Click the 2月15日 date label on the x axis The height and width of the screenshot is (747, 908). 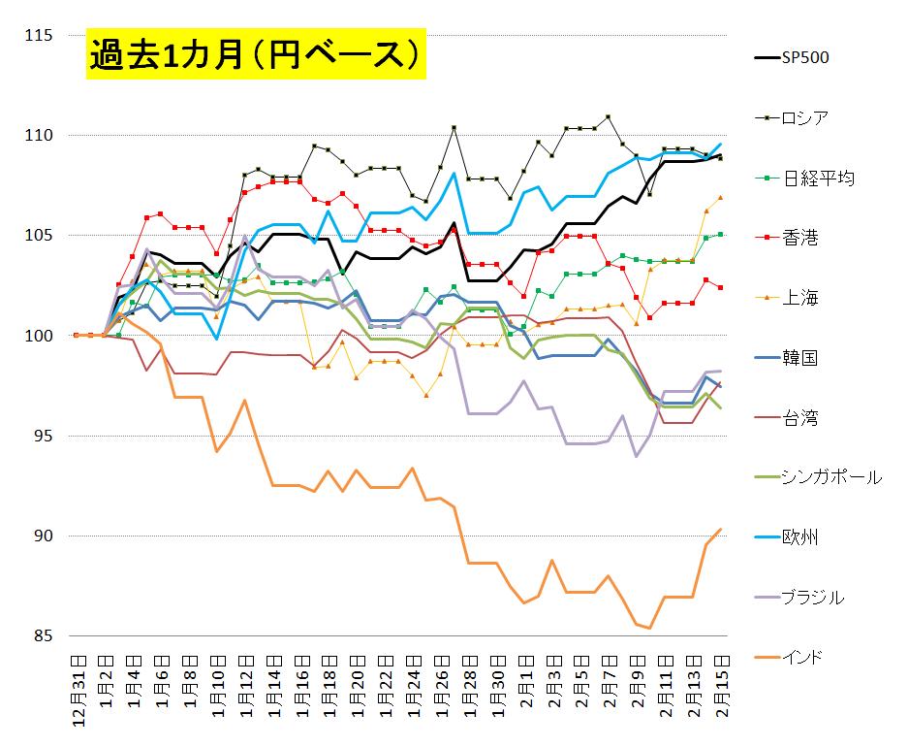tap(720, 685)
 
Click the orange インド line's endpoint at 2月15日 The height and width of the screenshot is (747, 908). tap(720, 529)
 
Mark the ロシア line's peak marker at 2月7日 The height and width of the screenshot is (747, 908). tap(608, 117)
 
